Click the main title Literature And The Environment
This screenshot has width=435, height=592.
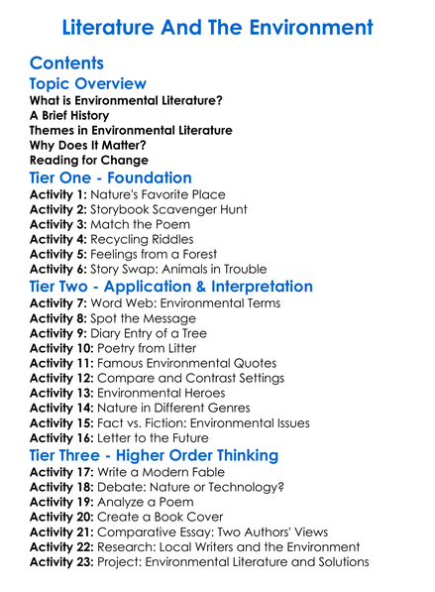(x=217, y=26)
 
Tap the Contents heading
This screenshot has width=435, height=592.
(x=67, y=62)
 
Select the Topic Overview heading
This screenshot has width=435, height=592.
(x=88, y=83)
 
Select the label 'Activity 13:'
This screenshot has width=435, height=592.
(x=62, y=393)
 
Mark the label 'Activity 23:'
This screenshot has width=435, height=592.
(x=62, y=562)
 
